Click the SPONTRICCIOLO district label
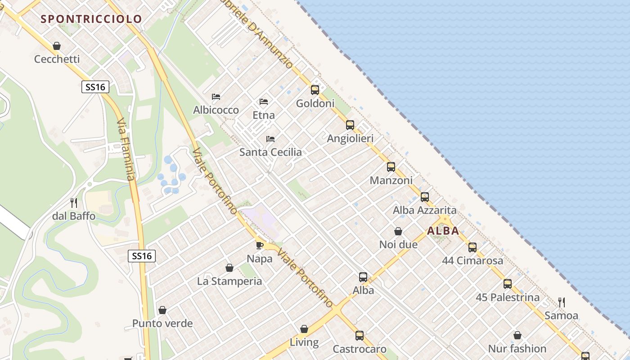[91, 19]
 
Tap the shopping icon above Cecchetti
[57, 46]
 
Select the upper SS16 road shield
[95, 87]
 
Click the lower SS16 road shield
[142, 256]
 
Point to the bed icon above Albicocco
[216, 97]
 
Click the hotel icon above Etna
[264, 102]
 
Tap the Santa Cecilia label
[270, 152]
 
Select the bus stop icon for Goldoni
[315, 90]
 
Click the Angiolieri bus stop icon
[350, 125]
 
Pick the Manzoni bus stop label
[391, 180]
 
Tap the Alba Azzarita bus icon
[425, 197]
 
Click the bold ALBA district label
[443, 231]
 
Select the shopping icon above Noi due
[398, 232]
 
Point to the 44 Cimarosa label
[472, 261]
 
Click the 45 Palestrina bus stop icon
[508, 284]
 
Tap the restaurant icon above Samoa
[562, 302]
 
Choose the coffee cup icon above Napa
[260, 245]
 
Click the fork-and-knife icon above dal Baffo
[74, 203]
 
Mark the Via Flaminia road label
[126, 149]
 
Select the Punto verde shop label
[162, 324]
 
